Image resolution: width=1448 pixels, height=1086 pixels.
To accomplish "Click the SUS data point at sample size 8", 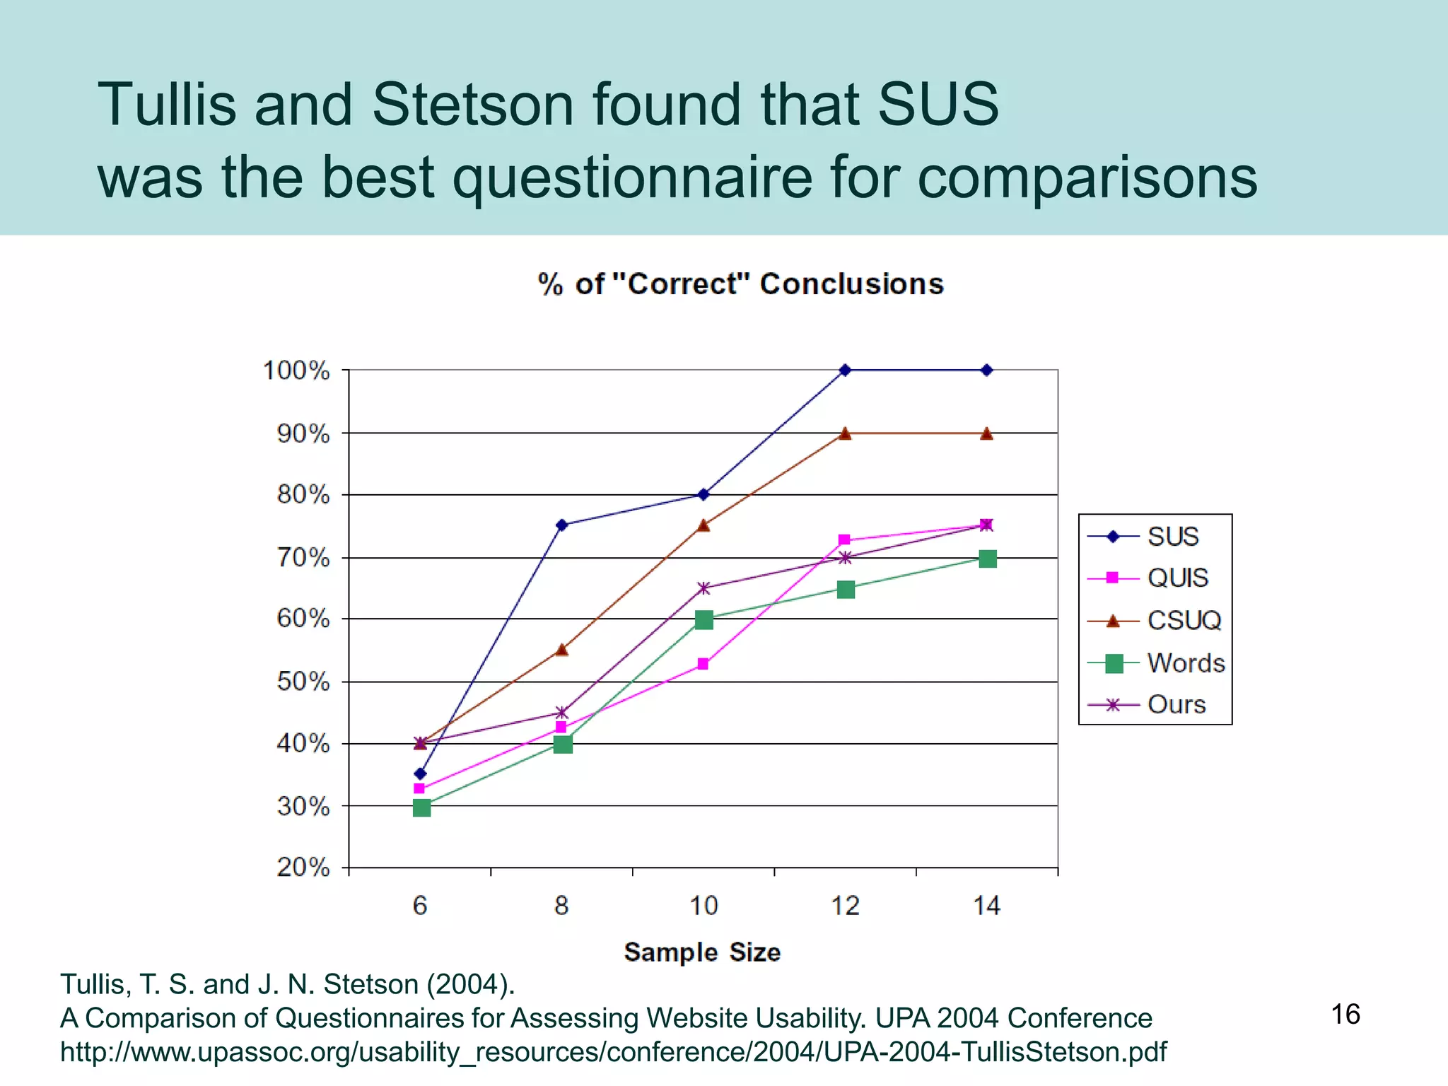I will click(561, 525).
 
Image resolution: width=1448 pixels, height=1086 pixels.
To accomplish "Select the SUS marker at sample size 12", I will click(845, 370).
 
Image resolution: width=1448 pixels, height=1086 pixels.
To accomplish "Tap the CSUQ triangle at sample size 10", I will click(703, 525).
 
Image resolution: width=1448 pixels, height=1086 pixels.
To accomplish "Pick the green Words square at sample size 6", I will click(421, 807).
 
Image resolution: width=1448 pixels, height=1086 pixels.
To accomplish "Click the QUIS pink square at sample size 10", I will click(703, 664).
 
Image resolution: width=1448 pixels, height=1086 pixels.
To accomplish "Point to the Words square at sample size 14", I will click(988, 559).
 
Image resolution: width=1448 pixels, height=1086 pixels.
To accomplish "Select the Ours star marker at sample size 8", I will click(561, 712).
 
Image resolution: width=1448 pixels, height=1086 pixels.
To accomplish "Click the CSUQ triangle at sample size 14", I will click(987, 433).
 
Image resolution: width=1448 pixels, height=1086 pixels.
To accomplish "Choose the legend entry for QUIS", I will click(1177, 578).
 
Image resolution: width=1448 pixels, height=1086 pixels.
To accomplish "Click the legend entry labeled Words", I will click(1186, 663).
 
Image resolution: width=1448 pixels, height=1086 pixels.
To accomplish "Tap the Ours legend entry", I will click(1176, 704).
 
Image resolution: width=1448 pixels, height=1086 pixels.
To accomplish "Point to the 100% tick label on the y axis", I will click(296, 370).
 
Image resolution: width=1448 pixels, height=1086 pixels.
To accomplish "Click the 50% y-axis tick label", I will click(303, 682).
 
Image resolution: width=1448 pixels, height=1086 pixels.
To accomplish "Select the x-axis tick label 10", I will click(703, 906).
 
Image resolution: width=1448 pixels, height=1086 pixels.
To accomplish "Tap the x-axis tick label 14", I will click(987, 906).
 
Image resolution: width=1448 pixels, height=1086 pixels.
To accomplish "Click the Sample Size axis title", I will click(702, 952).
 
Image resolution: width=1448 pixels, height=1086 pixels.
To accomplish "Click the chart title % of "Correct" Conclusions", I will click(740, 284).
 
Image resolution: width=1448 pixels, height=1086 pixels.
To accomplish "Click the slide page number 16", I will click(1345, 1015).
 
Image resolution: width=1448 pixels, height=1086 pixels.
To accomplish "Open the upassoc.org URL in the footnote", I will click(613, 1052).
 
